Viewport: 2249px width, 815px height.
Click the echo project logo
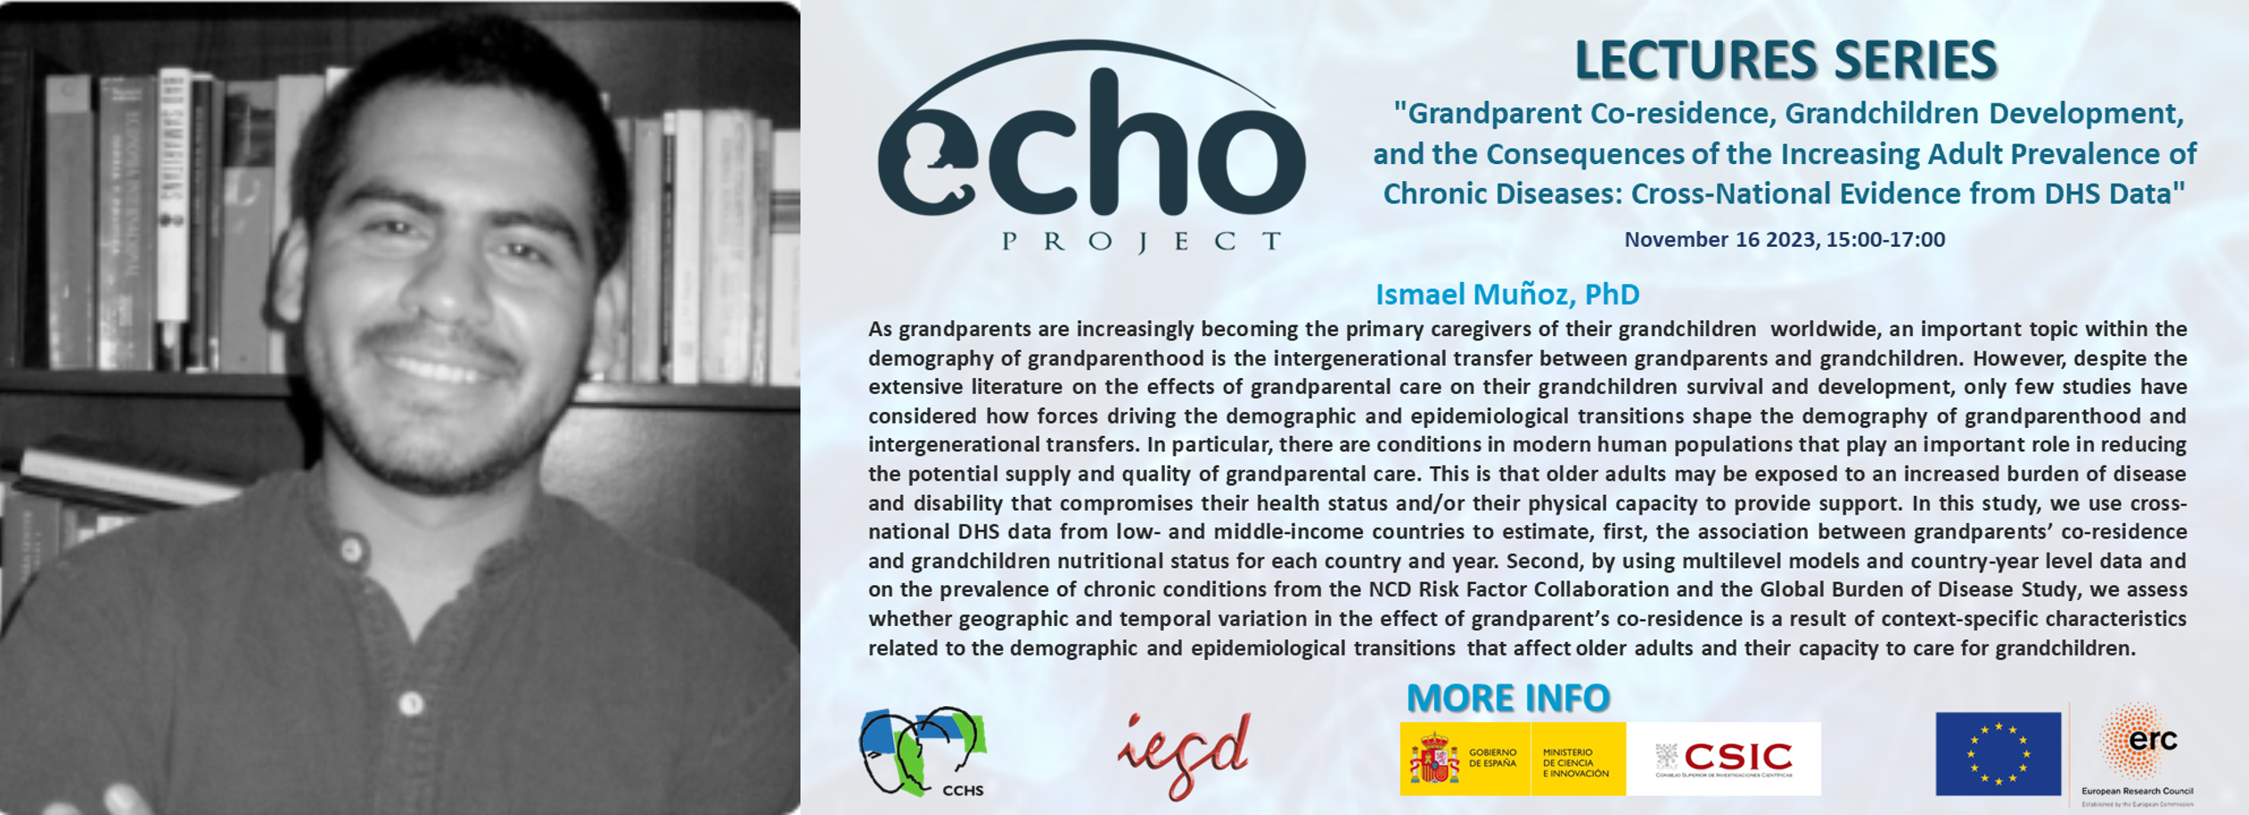(x=1092, y=143)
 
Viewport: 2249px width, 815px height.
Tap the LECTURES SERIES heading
(x=1785, y=61)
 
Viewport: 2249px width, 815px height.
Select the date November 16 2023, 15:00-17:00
(x=1784, y=240)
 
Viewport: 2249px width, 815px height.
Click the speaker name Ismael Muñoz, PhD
(x=1506, y=294)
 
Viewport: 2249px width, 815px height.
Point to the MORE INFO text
(x=1507, y=698)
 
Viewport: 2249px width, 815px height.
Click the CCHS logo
(x=923, y=752)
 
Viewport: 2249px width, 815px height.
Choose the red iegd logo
(x=1185, y=754)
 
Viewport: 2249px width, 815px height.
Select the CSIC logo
(x=1725, y=759)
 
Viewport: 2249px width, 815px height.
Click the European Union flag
(x=1998, y=753)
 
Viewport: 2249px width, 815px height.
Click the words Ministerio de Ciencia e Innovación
(x=1575, y=762)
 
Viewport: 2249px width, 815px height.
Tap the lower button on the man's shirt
(x=411, y=704)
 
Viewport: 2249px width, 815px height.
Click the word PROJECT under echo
(x=1141, y=242)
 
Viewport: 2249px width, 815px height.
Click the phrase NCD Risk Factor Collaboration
(x=1519, y=589)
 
